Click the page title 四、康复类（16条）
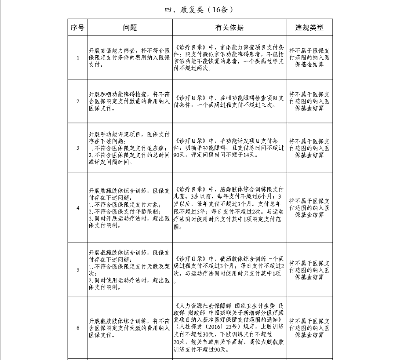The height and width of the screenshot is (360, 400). (199, 9)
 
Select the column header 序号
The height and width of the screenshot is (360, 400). (77, 28)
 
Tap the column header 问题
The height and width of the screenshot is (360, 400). (130, 28)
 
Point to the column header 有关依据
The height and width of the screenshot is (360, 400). (229, 28)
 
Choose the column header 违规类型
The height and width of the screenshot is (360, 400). (309, 28)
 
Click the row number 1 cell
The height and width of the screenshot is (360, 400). (78, 58)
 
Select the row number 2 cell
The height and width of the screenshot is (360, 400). (78, 101)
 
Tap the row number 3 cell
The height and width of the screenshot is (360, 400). (78, 148)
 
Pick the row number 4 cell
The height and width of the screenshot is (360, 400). (78, 208)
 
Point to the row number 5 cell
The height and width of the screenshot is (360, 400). (78, 270)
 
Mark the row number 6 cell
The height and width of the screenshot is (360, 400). (78, 328)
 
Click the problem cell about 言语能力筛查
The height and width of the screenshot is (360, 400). (130, 58)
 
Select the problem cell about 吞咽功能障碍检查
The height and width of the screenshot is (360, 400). (130, 101)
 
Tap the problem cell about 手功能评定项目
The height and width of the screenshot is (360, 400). (130, 148)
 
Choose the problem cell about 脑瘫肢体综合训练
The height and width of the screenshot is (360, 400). (130, 208)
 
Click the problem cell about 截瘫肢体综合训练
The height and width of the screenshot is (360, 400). (130, 270)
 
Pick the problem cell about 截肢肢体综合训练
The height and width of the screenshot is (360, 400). (130, 328)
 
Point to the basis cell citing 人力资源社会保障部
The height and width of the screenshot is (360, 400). (229, 328)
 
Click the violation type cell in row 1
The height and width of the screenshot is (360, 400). (309, 58)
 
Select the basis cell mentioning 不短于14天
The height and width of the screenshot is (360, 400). (229, 148)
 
